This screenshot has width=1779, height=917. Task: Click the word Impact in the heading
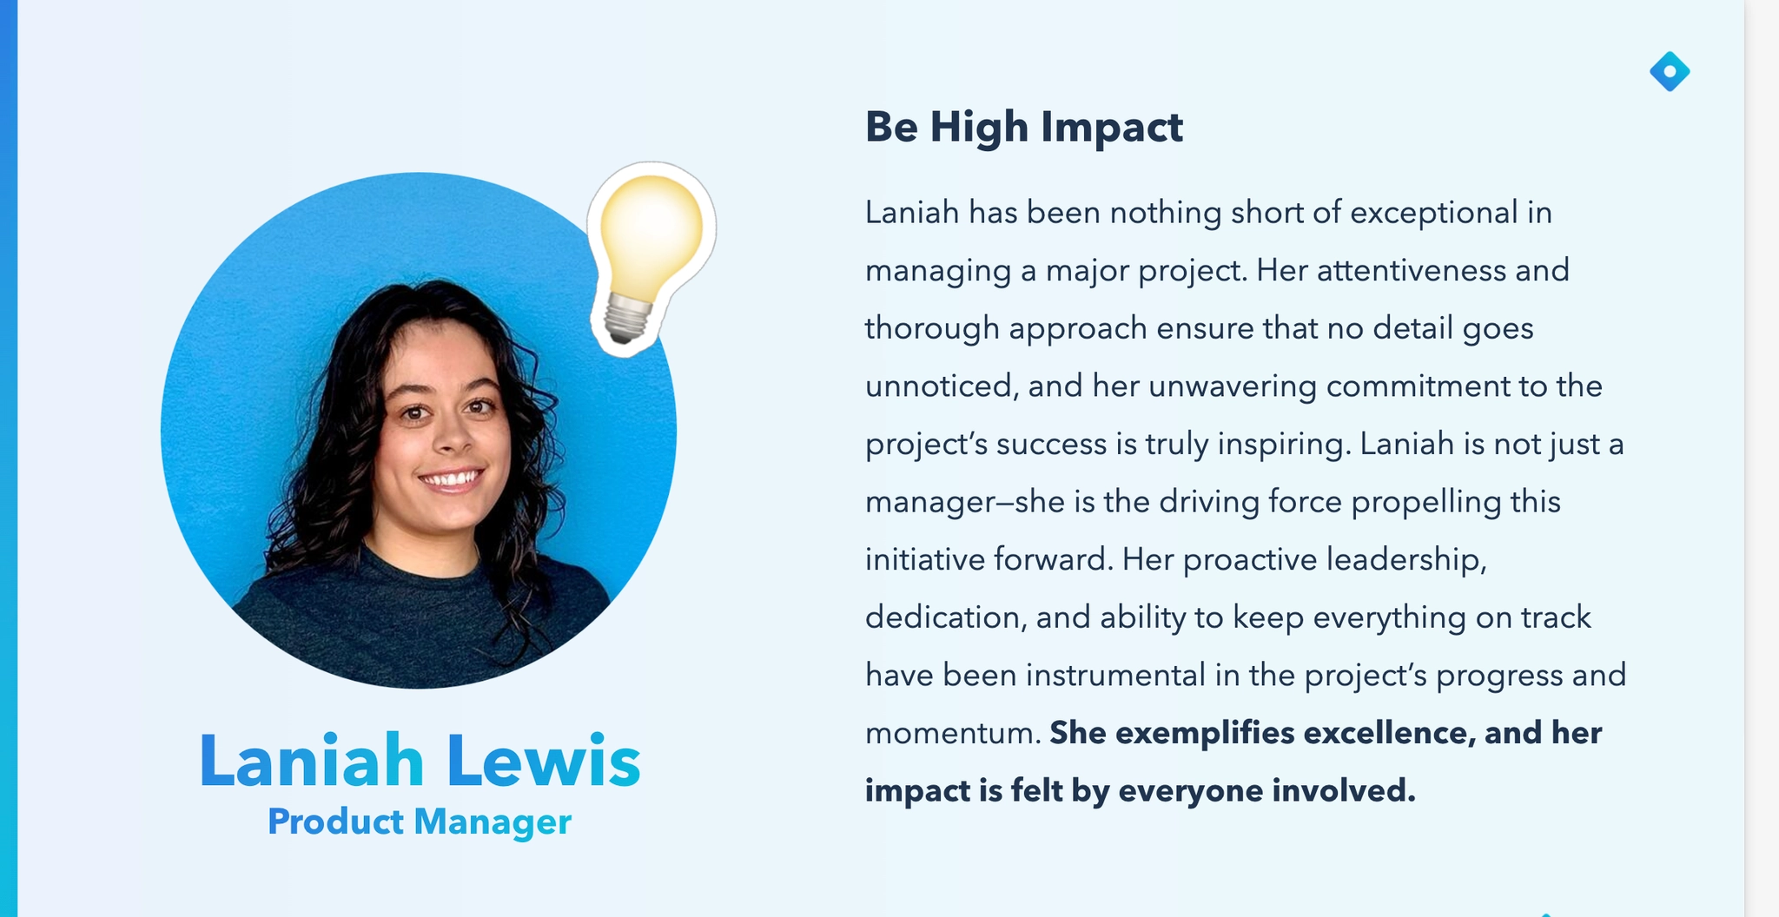(x=1112, y=129)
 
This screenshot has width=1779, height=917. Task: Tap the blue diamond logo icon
(x=1670, y=71)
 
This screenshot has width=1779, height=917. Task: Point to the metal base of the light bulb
(x=627, y=318)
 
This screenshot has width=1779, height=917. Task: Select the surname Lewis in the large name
(x=544, y=761)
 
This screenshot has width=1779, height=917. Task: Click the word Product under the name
(x=335, y=821)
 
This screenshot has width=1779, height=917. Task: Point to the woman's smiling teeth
(x=451, y=478)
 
